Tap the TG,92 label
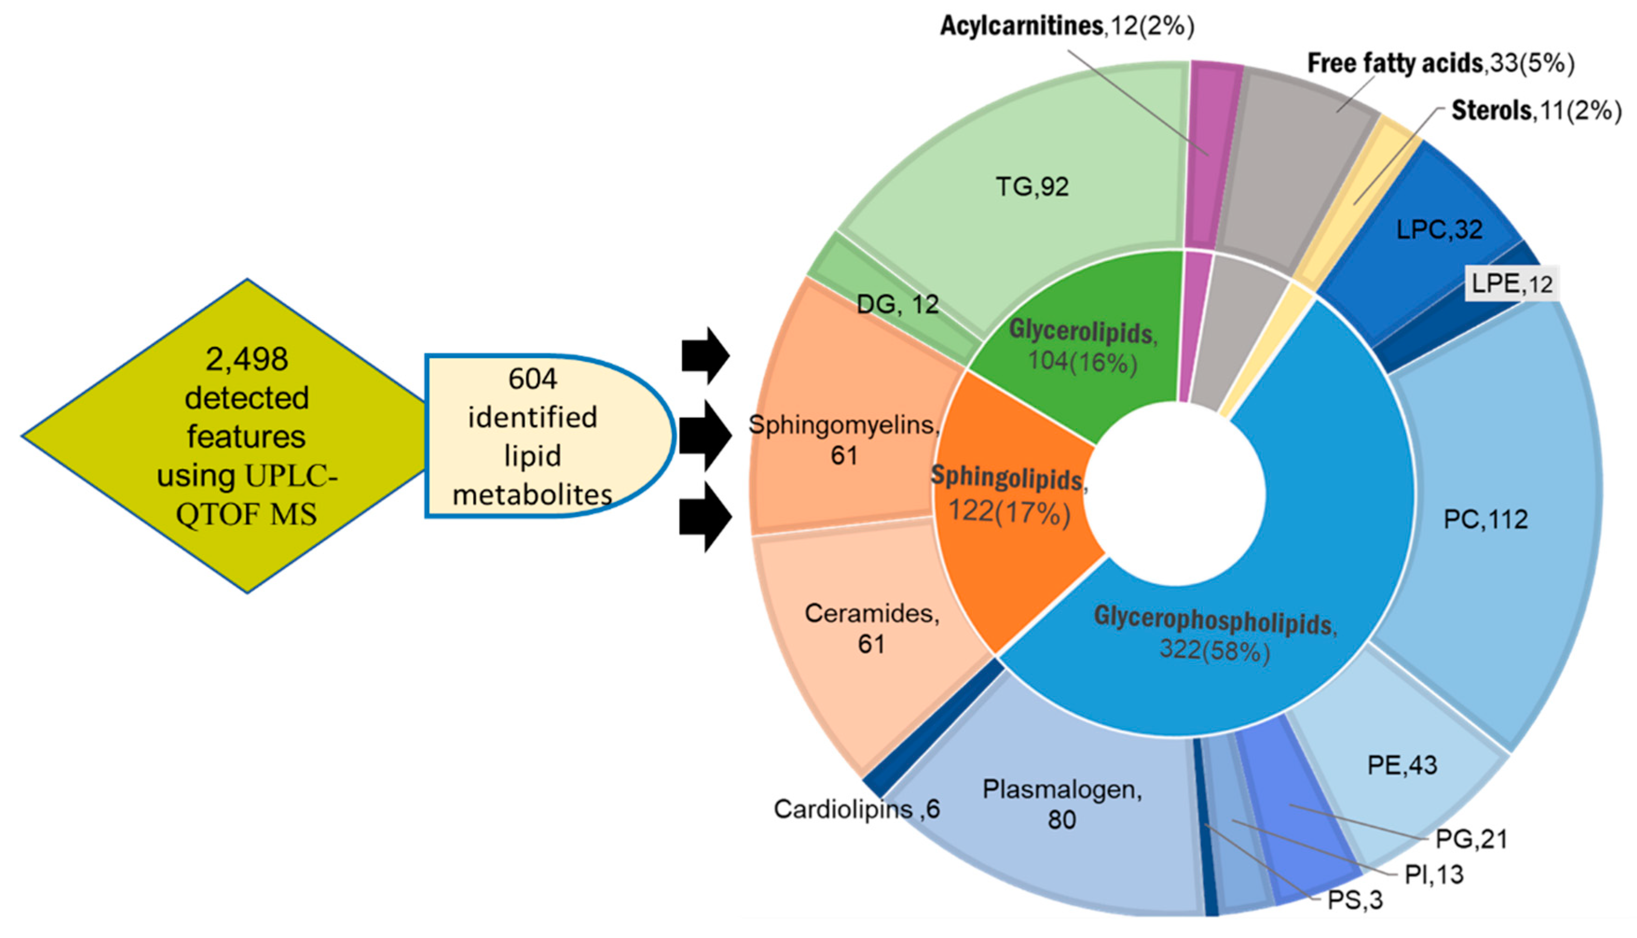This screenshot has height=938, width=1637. [1032, 187]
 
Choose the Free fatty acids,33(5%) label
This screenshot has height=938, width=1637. [1441, 63]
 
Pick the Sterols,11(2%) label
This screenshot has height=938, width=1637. [1536, 111]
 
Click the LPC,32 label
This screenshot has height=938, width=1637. [1439, 229]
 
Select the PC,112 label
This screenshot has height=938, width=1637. [1485, 519]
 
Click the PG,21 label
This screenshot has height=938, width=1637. [1472, 839]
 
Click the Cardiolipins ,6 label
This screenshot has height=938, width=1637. [856, 809]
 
